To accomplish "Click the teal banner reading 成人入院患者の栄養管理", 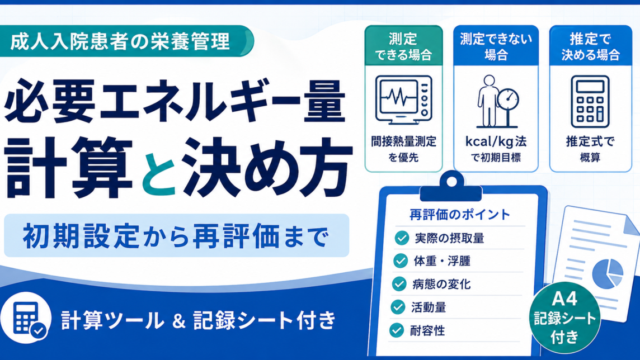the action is click(126, 41).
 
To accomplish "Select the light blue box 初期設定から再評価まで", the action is click(176, 236).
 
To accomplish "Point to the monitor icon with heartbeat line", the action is click(403, 100).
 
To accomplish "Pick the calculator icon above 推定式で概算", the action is click(590, 102).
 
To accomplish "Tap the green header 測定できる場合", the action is click(403, 46).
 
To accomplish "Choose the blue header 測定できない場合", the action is click(496, 46).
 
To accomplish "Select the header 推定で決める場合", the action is click(590, 46).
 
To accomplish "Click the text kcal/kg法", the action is click(496, 141).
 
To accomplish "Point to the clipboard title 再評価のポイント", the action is click(460, 215).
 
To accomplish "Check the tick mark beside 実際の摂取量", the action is click(402, 238).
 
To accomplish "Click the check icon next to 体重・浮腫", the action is click(401, 261).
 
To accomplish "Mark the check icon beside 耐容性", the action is click(396, 330).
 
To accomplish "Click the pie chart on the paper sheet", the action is click(608, 273).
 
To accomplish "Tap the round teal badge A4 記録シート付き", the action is click(565, 318).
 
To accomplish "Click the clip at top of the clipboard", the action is click(451, 186).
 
